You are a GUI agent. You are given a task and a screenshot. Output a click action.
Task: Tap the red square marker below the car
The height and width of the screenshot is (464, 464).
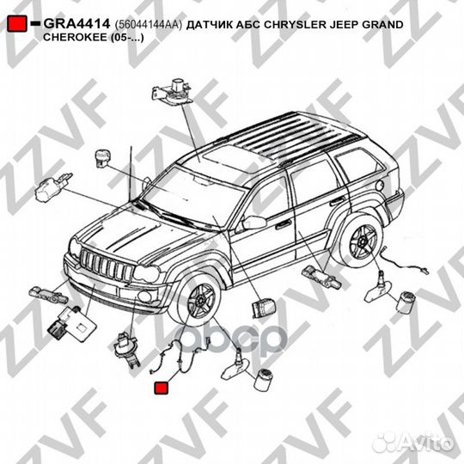point(161,389)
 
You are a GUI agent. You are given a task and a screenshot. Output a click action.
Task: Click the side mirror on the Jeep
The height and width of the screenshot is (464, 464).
point(253,223)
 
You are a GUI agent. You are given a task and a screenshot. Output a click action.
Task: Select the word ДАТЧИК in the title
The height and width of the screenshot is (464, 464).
point(217,25)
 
